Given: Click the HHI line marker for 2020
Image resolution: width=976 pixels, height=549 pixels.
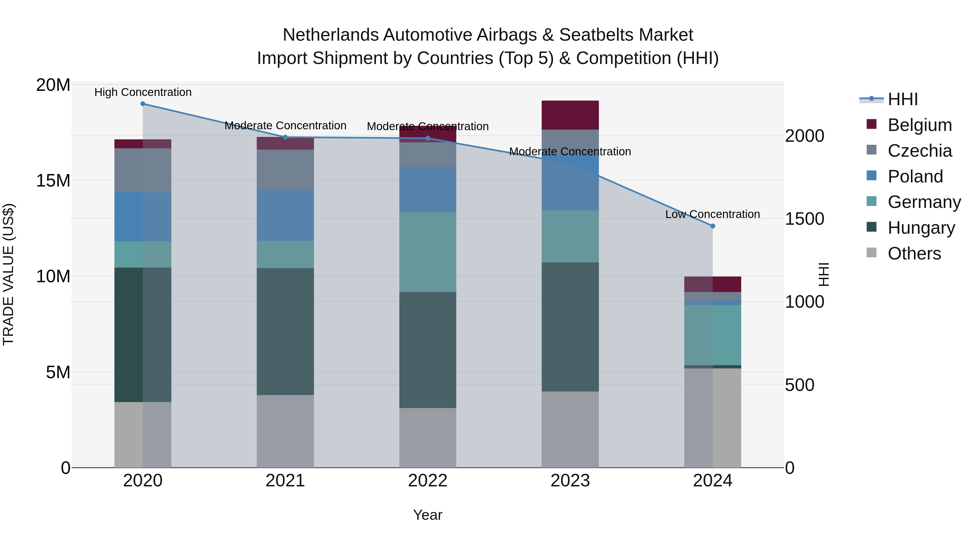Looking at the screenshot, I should click(143, 104).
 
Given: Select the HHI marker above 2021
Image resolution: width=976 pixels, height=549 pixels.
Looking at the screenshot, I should click(285, 137).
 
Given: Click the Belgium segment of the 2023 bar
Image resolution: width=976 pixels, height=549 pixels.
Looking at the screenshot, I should click(570, 115).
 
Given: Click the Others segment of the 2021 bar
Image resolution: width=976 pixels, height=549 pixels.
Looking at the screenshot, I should click(285, 431).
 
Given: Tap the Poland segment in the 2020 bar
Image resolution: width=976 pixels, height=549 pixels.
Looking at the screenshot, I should click(143, 216).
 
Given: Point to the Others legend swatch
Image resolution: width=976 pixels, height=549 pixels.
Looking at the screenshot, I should click(871, 253).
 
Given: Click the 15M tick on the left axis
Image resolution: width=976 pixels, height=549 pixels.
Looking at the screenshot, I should click(53, 181).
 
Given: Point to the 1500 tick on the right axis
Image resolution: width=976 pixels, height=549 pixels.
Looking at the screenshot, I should click(804, 219).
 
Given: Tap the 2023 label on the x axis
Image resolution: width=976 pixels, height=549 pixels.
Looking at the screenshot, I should click(570, 481).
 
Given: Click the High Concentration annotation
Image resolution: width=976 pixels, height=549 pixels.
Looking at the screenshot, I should click(143, 92).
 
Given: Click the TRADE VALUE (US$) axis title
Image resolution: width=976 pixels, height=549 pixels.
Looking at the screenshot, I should click(8, 274).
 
